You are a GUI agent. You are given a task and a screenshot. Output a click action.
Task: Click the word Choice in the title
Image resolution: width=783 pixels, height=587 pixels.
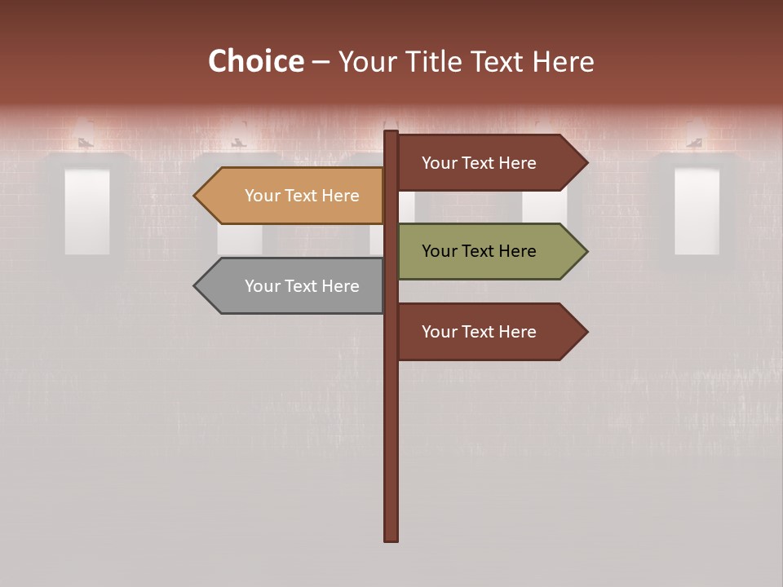pyautogui.click(x=255, y=62)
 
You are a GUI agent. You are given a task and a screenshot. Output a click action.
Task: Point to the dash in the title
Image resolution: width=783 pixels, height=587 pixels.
pyautogui.click(x=321, y=63)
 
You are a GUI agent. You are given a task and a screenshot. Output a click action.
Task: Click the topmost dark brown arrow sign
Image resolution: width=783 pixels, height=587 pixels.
pyautogui.click(x=489, y=163)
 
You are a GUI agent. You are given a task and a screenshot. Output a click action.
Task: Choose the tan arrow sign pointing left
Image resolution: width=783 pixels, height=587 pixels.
pyautogui.click(x=294, y=196)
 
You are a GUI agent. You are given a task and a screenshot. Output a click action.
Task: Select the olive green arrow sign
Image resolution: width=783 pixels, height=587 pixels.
pyautogui.click(x=489, y=251)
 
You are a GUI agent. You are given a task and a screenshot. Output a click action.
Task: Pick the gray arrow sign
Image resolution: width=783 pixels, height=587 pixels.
pyautogui.click(x=294, y=286)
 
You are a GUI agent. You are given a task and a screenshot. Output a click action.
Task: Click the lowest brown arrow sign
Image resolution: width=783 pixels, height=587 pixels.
pyautogui.click(x=489, y=332)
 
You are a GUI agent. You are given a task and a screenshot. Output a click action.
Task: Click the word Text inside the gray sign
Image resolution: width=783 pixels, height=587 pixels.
pyautogui.click(x=302, y=286)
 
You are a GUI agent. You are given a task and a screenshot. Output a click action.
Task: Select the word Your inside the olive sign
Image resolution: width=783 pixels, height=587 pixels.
pyautogui.click(x=439, y=251)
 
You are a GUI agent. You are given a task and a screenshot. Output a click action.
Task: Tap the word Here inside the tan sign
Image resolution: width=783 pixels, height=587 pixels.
pyautogui.click(x=340, y=196)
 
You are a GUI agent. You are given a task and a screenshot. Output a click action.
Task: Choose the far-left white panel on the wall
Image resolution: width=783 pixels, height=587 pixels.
pyautogui.click(x=87, y=212)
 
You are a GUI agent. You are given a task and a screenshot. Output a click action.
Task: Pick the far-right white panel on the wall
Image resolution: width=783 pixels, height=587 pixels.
pyautogui.click(x=697, y=212)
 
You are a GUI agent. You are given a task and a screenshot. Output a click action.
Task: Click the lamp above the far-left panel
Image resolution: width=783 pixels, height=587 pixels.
pyautogui.click(x=86, y=135)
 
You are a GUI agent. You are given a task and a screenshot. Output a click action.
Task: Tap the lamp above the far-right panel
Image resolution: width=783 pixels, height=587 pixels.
pyautogui.click(x=696, y=135)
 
